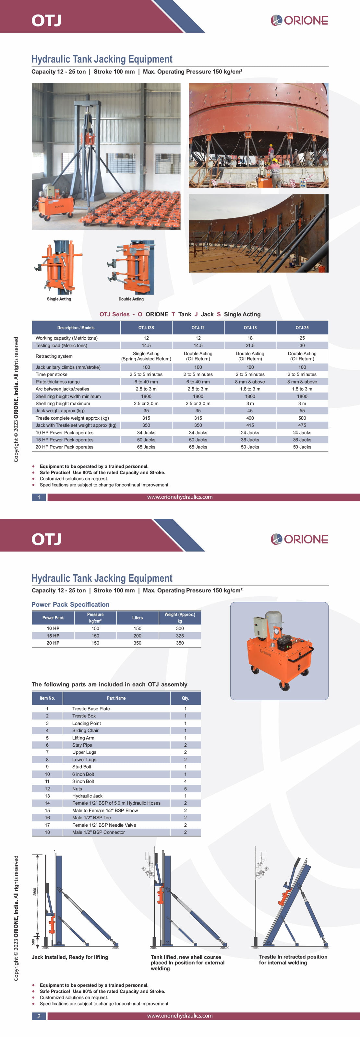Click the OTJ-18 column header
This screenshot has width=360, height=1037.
(x=250, y=328)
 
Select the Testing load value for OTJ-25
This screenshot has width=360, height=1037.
(x=302, y=345)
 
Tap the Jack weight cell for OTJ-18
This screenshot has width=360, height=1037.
(x=250, y=411)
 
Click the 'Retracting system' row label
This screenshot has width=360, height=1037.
(x=54, y=356)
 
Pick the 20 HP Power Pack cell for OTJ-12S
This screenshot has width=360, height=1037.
(x=146, y=447)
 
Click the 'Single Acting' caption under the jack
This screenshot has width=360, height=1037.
(x=59, y=299)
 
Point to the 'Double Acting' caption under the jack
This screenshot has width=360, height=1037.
(x=131, y=299)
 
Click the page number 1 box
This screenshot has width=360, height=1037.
(x=39, y=497)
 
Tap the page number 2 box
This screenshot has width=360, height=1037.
(x=39, y=1016)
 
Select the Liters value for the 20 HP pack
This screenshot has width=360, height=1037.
(x=137, y=643)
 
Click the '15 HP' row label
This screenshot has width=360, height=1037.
(x=53, y=635)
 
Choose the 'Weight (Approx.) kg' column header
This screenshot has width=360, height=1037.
(x=180, y=618)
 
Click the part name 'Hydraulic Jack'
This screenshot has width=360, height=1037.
(x=87, y=796)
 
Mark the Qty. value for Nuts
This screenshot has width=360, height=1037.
(x=185, y=789)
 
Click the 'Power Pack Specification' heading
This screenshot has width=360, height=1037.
(x=70, y=604)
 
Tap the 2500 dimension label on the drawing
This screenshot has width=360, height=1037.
(x=35, y=892)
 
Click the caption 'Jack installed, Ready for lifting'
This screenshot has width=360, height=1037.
(x=70, y=957)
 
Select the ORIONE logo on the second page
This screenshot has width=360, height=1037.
(x=299, y=539)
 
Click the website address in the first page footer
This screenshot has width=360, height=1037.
(x=180, y=497)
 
